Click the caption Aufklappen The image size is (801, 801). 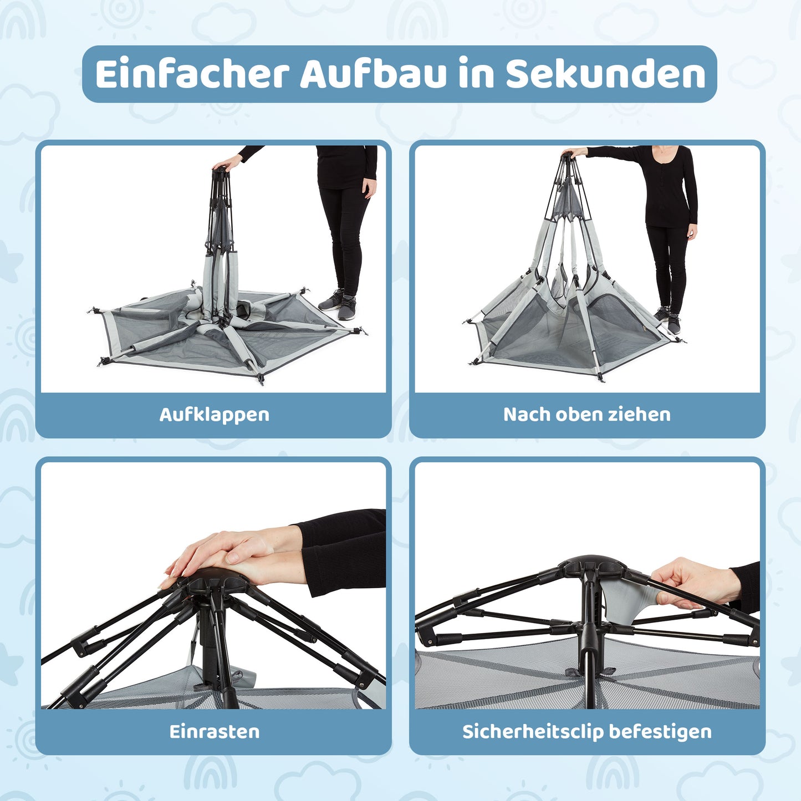[215, 415]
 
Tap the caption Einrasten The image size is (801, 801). [215, 732]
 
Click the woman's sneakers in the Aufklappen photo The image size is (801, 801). [338, 303]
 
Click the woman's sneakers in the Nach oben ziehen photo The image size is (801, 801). [667, 319]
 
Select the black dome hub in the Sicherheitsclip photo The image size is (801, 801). [593, 567]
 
